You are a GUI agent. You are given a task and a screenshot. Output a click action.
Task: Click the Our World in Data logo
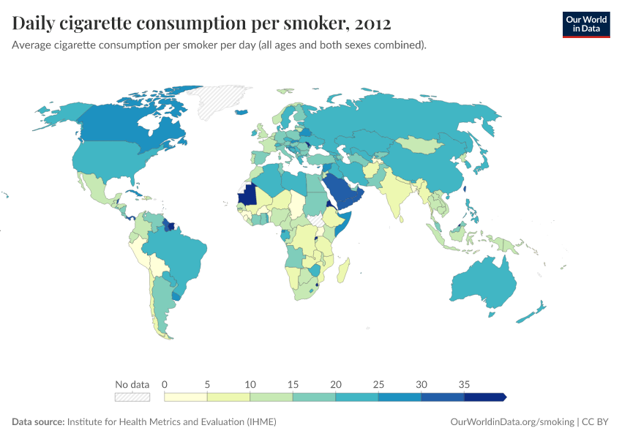pos(585,24)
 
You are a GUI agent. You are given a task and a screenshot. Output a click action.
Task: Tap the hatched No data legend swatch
pos(132,397)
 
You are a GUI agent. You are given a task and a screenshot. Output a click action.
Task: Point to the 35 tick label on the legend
pos(464,384)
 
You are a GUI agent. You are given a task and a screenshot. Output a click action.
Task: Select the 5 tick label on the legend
pos(207,384)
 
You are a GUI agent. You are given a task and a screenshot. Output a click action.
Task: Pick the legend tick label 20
pos(336,384)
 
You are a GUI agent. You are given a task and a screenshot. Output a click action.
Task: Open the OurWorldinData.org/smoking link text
pos(511,422)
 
